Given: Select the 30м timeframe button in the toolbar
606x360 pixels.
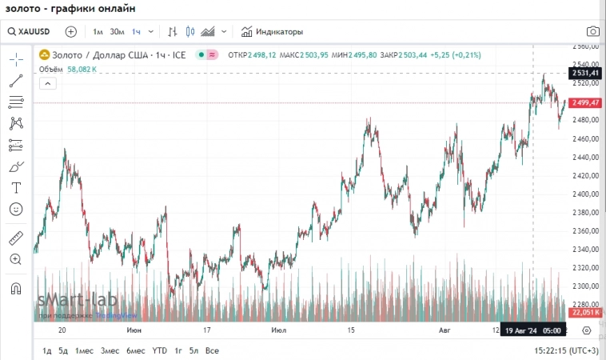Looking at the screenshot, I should point(117,32).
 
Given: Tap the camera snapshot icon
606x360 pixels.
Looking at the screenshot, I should point(592,32).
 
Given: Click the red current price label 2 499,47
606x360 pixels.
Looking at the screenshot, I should point(584,103).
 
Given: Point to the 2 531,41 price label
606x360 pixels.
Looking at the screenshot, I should point(584,74).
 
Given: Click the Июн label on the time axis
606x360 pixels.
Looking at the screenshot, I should point(135,330).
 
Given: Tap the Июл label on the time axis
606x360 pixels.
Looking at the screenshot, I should point(279,330).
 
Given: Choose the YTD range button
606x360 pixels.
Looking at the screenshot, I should point(160,350).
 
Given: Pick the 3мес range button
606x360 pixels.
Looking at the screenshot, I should point(110,350).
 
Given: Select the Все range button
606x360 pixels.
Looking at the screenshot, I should point(212,350).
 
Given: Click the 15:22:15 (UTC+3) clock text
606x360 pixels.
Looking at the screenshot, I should point(565,350).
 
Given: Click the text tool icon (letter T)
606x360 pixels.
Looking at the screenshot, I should point(16,188).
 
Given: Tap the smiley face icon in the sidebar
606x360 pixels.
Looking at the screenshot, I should point(16,209).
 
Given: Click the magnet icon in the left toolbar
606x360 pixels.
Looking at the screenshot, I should point(16,287).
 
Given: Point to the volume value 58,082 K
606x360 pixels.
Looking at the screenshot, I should point(82,70).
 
